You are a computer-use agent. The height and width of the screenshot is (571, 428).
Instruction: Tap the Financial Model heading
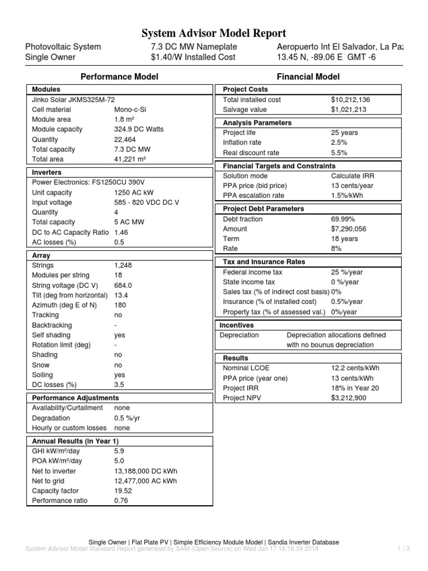[308, 76]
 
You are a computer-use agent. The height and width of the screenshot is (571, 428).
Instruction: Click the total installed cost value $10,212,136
[351, 99]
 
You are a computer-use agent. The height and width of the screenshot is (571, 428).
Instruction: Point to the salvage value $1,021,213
[348, 109]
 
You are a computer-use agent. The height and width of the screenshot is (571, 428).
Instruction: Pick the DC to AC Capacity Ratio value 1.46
[121, 232]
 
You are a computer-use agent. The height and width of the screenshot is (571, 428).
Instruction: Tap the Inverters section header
[47, 172]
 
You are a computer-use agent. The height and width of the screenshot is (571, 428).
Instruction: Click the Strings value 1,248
[123, 265]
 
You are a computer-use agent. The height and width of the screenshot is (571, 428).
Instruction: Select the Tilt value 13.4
[121, 295]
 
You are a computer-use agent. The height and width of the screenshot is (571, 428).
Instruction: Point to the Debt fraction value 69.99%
[343, 219]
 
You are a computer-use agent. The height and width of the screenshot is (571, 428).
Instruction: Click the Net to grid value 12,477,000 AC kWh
[145, 481]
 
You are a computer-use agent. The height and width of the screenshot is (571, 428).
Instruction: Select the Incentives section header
[237, 325]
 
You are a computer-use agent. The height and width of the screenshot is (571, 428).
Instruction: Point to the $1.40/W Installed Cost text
[193, 57]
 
